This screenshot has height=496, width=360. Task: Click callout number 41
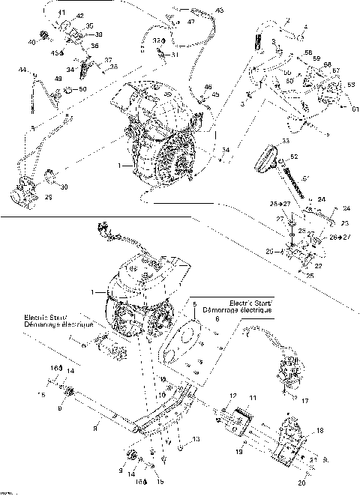pyautogui.click(x=61, y=13)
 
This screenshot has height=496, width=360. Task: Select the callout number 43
pyautogui.click(x=219, y=10)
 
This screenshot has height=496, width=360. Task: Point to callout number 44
pyautogui.click(x=23, y=70)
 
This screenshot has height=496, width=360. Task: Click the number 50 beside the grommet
pyautogui.click(x=82, y=89)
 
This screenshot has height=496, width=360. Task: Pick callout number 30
pyautogui.click(x=64, y=187)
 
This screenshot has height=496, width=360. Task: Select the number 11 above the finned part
pyautogui.click(x=253, y=397)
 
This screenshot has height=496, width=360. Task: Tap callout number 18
pyautogui.click(x=321, y=431)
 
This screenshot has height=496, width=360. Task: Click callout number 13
pyautogui.click(x=196, y=438)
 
